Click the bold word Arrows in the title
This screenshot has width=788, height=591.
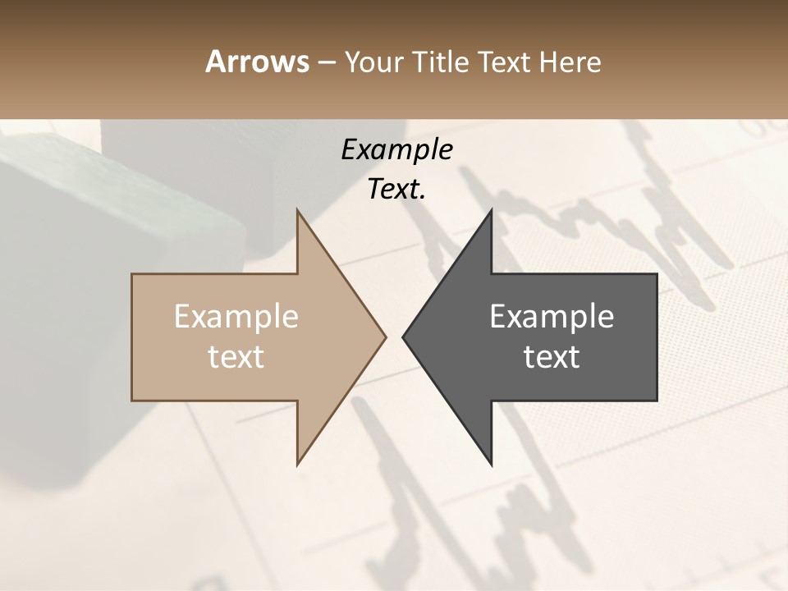pos(257,62)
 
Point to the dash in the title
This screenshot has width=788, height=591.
pos(326,62)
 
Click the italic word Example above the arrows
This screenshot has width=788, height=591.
pos(396,149)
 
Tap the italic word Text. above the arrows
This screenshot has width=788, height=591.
pos(396,190)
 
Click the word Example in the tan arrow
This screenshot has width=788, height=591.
pos(236,317)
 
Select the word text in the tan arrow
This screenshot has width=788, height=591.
pos(236,357)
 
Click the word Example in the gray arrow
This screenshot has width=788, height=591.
pos(552,317)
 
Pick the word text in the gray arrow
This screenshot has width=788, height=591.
pos(552,357)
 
